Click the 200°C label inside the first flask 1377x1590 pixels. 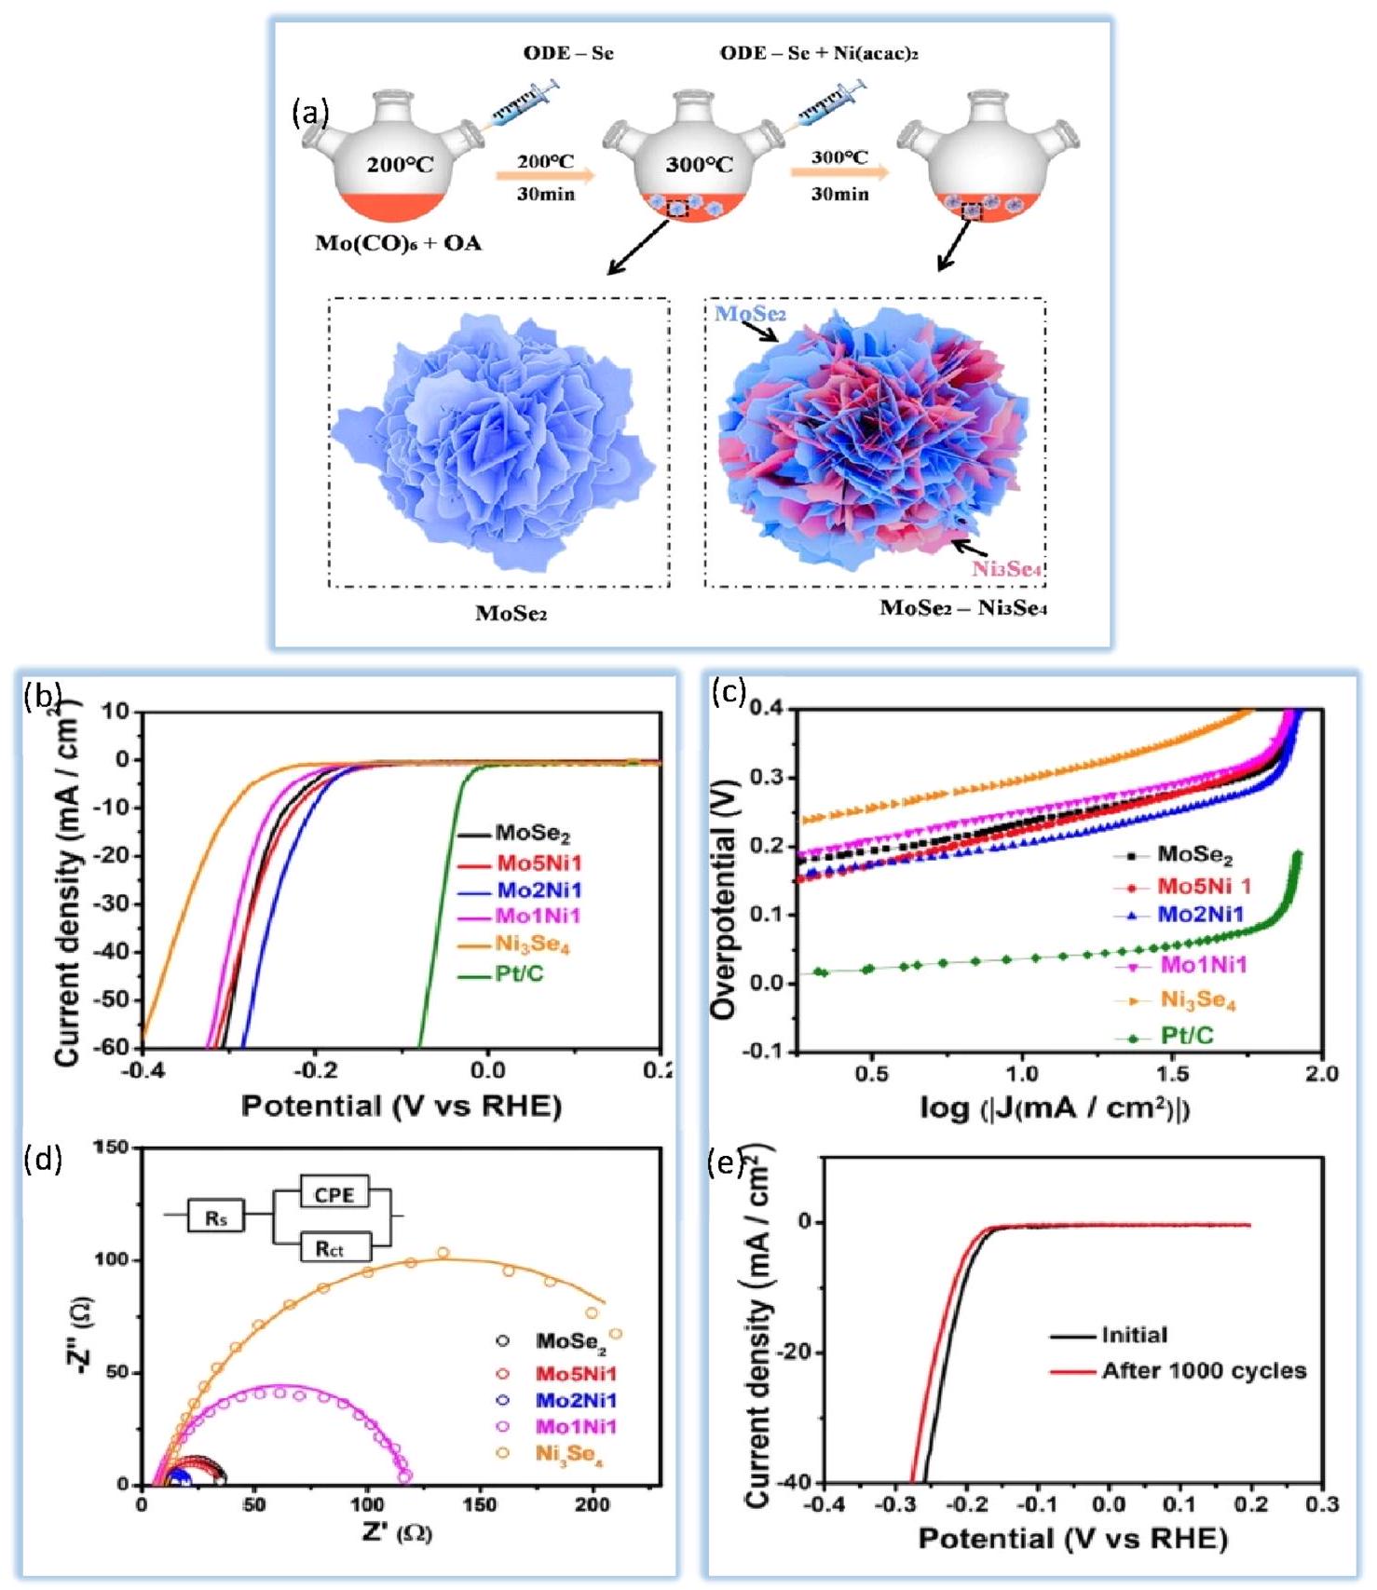pyautogui.click(x=400, y=166)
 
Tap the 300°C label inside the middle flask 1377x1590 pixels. pyautogui.click(x=699, y=165)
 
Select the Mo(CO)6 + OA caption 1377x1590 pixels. pyautogui.click(x=398, y=244)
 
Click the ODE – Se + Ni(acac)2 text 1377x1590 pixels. pyautogui.click(x=819, y=53)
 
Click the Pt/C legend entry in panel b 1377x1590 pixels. pyautogui.click(x=519, y=975)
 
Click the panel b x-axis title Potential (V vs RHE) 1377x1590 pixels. pyautogui.click(x=401, y=1106)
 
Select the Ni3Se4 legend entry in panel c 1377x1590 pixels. pyautogui.click(x=1197, y=1000)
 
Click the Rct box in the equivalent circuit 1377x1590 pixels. pyautogui.click(x=330, y=1248)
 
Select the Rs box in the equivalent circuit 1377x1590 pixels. pyautogui.click(x=216, y=1216)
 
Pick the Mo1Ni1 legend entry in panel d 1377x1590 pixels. pyautogui.click(x=576, y=1426)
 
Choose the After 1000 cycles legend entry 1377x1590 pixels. pyautogui.click(x=1204, y=1371)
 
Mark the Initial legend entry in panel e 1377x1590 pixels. pyautogui.click(x=1134, y=1335)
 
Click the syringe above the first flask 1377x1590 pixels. pyautogui.click(x=525, y=106)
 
